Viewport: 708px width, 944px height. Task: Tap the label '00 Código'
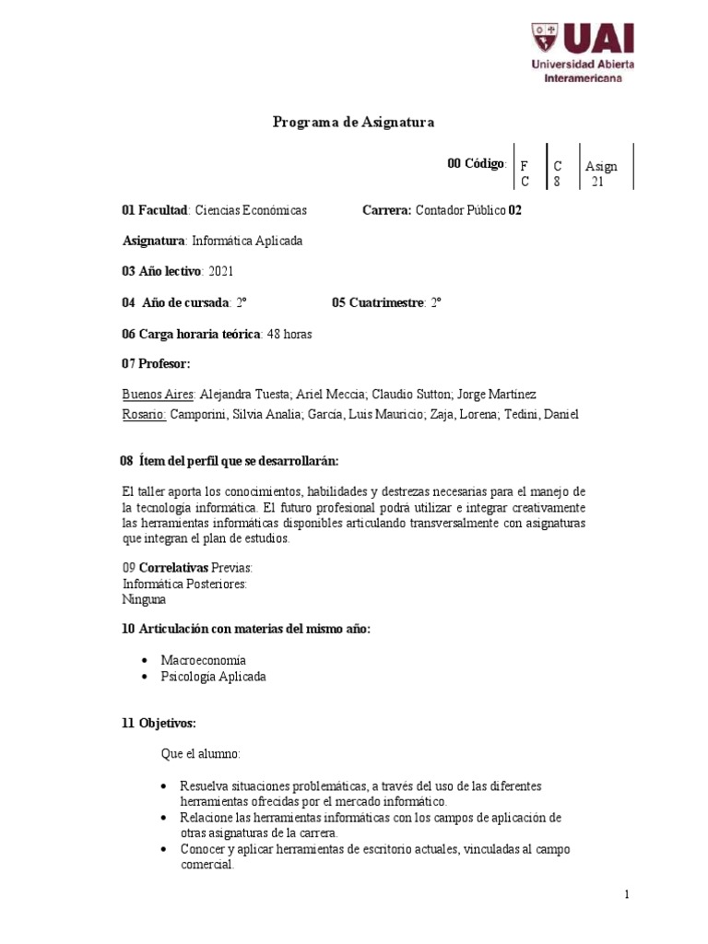point(476,163)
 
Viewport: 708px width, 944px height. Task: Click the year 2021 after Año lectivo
point(223,271)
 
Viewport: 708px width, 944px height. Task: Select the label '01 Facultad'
point(155,210)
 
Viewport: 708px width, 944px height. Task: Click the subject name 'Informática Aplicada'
point(246,241)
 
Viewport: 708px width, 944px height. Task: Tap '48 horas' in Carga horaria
point(289,334)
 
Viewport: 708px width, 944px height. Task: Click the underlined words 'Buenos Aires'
point(158,394)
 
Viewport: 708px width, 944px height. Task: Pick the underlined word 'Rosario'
point(143,414)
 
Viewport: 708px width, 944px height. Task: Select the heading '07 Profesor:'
point(156,363)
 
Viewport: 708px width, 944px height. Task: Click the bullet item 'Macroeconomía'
point(203,660)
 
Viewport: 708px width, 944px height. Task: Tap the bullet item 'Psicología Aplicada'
point(213,677)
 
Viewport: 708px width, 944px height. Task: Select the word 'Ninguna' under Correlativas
point(144,599)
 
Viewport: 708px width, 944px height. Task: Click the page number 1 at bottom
point(626,894)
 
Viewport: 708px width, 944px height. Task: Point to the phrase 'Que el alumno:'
point(200,754)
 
